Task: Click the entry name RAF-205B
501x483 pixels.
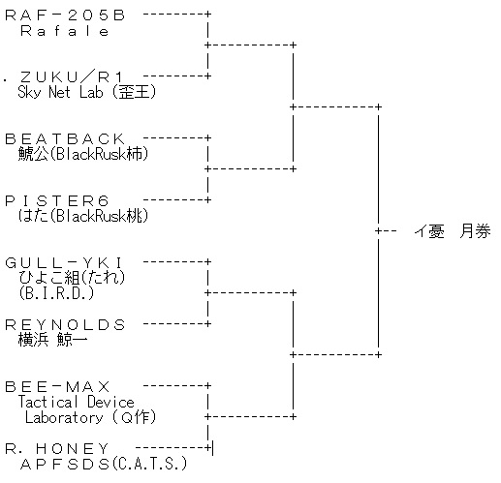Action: [x=65, y=15]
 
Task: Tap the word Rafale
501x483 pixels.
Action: [x=64, y=31]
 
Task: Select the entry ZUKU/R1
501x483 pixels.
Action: [x=72, y=77]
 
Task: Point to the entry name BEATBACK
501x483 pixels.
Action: [x=65, y=139]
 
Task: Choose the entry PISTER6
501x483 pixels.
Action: [x=57, y=201]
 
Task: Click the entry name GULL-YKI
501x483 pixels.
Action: [x=64, y=263]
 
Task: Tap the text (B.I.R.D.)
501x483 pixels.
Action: [x=56, y=293]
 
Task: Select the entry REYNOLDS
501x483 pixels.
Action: [x=65, y=324]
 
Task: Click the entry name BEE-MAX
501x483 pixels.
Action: [x=57, y=386]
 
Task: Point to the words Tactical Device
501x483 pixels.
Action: [x=76, y=402]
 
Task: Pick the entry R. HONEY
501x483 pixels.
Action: [x=57, y=448]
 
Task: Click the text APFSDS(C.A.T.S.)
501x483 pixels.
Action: [x=104, y=464]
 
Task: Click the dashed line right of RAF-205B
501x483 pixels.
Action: [x=175, y=15]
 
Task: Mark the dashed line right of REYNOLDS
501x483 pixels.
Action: [x=175, y=324]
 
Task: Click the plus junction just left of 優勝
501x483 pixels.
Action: [x=378, y=231]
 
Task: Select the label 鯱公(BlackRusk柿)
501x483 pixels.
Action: [x=83, y=154]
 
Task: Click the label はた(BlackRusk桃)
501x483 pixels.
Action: [x=83, y=216]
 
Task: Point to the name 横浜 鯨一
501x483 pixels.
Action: [x=52, y=340]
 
